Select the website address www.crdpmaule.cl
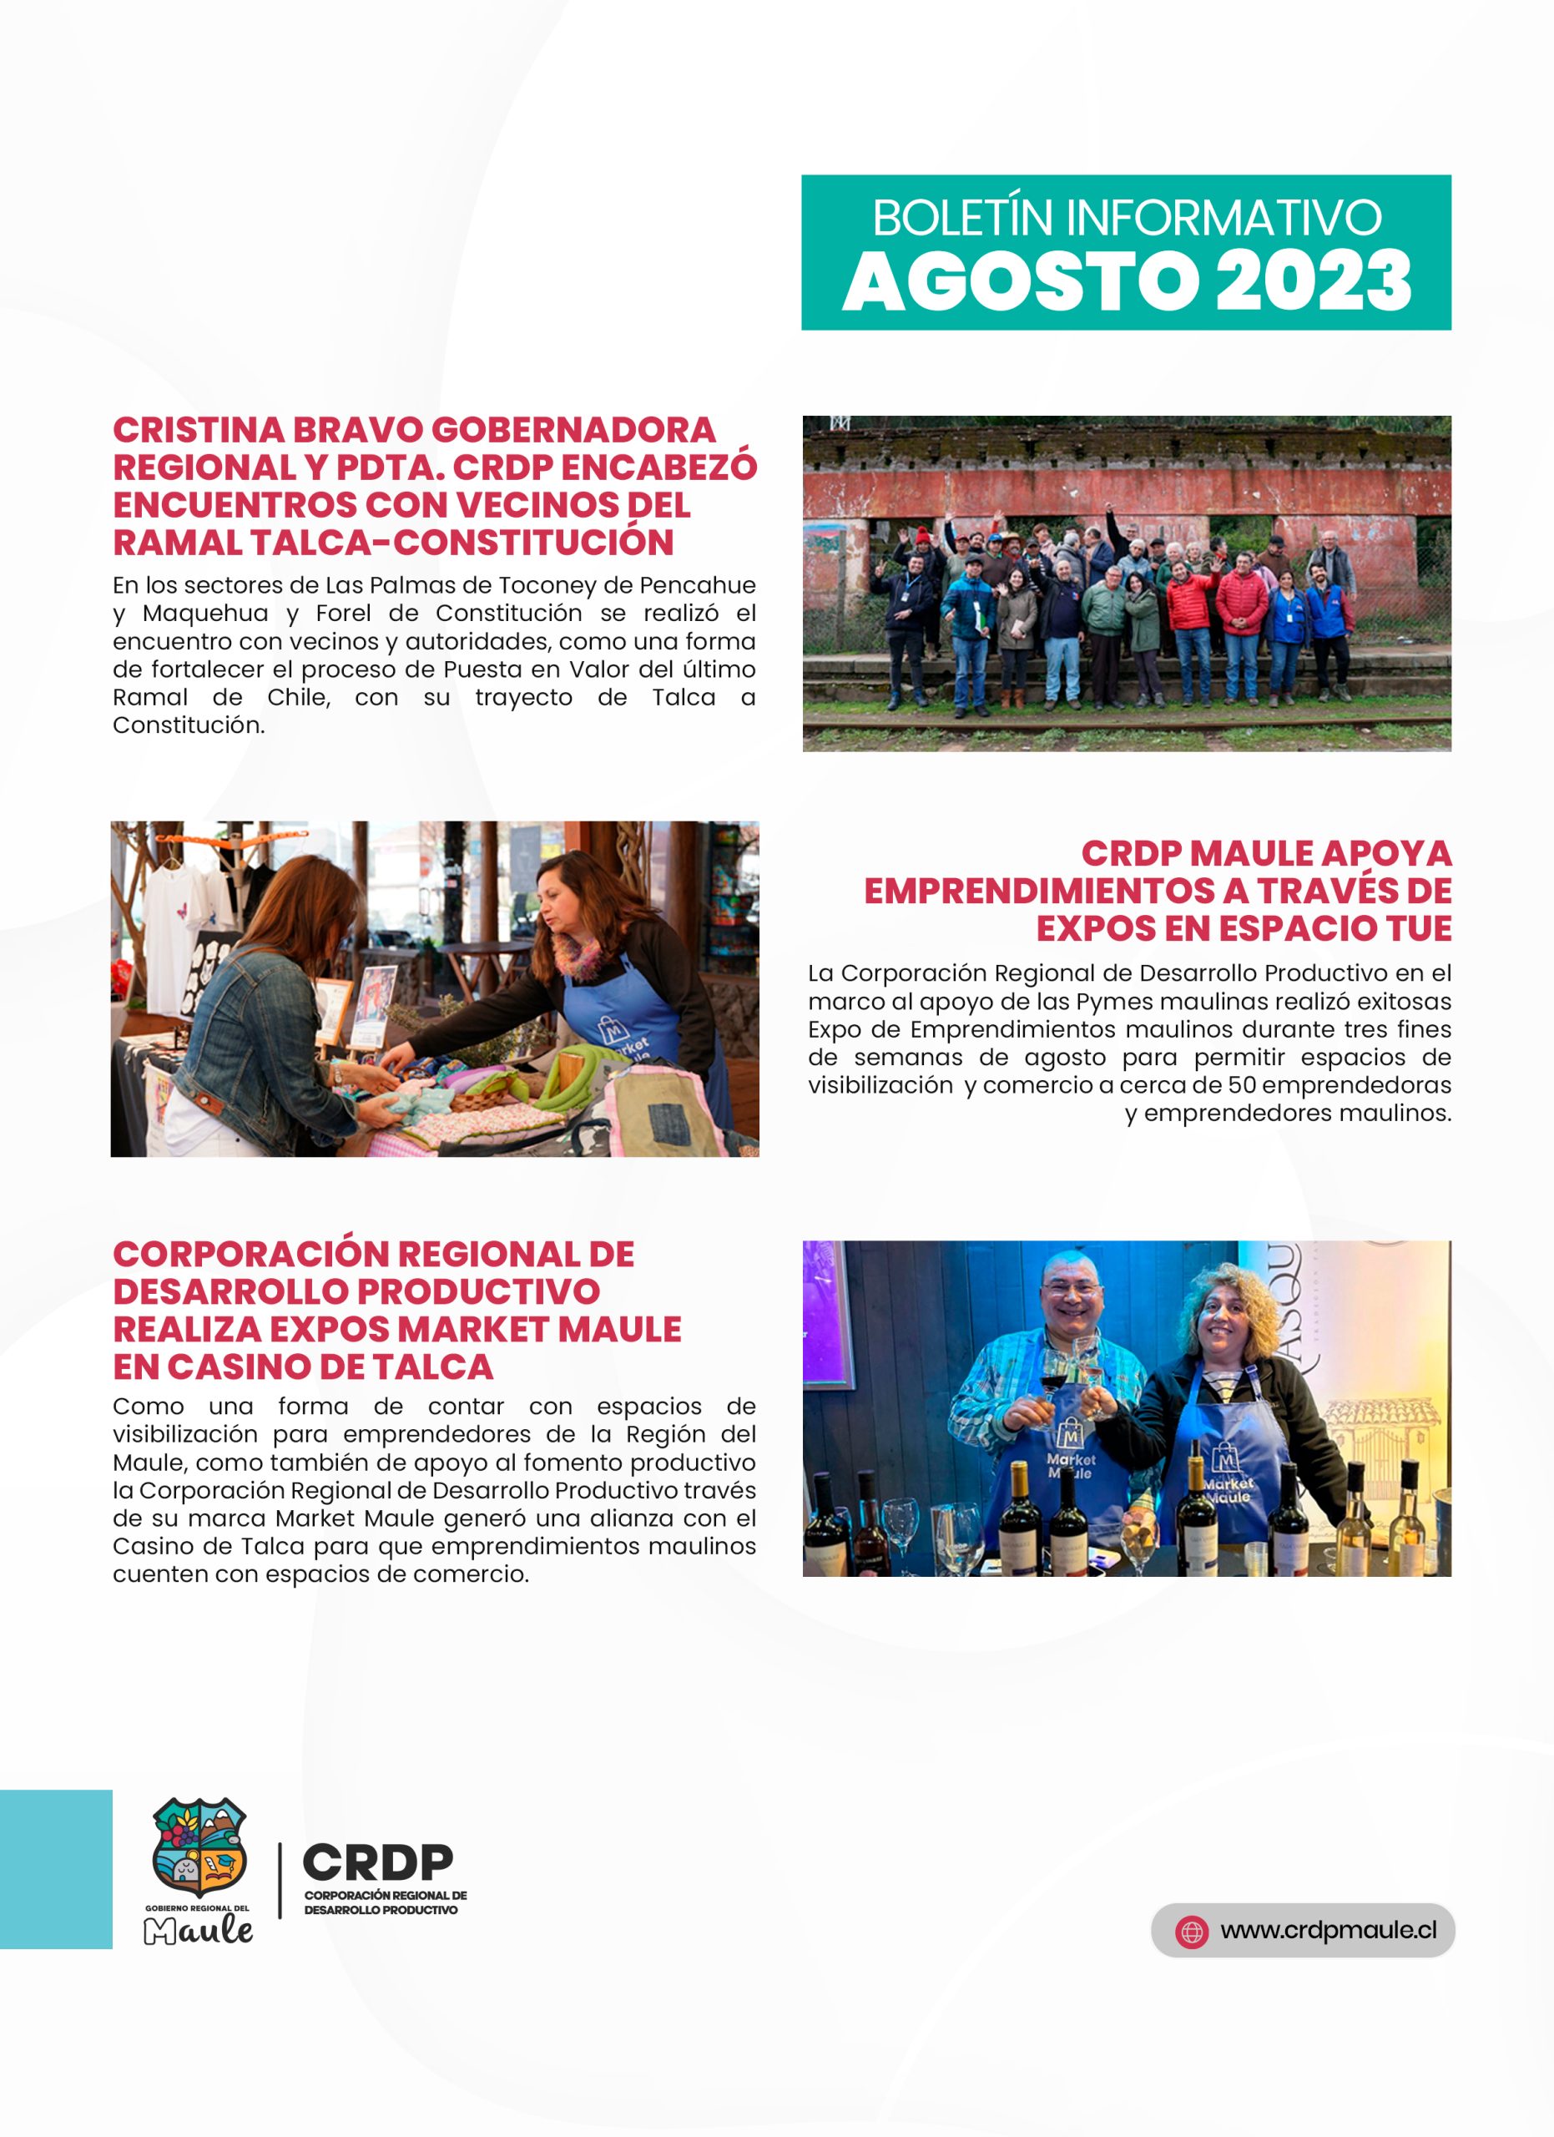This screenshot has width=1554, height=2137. pyautogui.click(x=1328, y=1930)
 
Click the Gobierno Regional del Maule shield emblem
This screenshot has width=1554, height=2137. pyautogui.click(x=199, y=1849)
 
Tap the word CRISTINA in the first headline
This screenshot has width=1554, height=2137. pyautogui.click(x=199, y=430)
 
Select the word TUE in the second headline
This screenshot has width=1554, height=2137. pyautogui.click(x=1417, y=928)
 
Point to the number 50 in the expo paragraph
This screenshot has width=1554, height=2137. pyautogui.click(x=1242, y=1084)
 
